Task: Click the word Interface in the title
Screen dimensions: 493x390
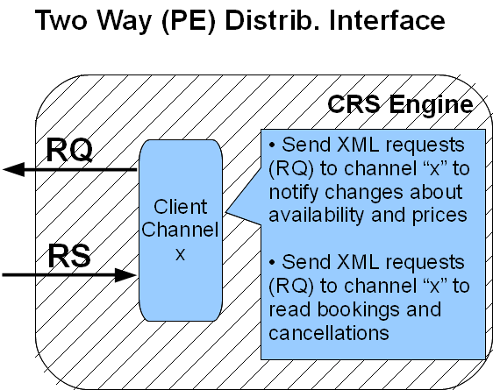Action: point(387,21)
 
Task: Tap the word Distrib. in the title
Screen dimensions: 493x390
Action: point(272,21)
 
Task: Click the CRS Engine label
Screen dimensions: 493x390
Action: point(400,105)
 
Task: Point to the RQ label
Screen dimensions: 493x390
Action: point(69,150)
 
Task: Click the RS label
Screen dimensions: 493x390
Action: point(69,256)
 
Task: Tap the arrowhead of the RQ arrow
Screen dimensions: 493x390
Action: point(14,169)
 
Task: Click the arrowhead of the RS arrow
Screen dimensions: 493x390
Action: point(125,275)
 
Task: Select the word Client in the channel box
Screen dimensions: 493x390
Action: point(181,207)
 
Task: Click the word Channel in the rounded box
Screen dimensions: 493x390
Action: point(180,230)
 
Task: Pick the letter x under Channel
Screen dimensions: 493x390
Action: point(180,254)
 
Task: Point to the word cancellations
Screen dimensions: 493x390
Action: point(329,333)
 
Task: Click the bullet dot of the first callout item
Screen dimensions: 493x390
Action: point(272,145)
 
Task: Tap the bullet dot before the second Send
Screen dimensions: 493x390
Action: point(272,263)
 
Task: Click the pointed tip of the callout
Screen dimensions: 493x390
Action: point(225,213)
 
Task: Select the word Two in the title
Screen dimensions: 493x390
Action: point(61,21)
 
